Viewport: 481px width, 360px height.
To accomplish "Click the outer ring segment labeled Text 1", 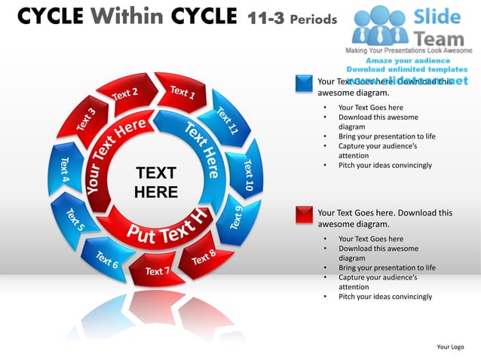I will tap(181, 91).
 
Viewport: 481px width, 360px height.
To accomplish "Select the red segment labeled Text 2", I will tap(126, 95).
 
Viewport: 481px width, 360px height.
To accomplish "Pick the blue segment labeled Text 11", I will tap(228, 121).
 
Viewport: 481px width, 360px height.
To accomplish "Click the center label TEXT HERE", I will tap(156, 182).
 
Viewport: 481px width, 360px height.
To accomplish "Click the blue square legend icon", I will tap(305, 84).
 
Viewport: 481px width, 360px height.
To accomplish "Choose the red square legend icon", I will tap(305, 214).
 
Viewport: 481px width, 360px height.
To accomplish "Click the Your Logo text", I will tap(451, 346).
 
